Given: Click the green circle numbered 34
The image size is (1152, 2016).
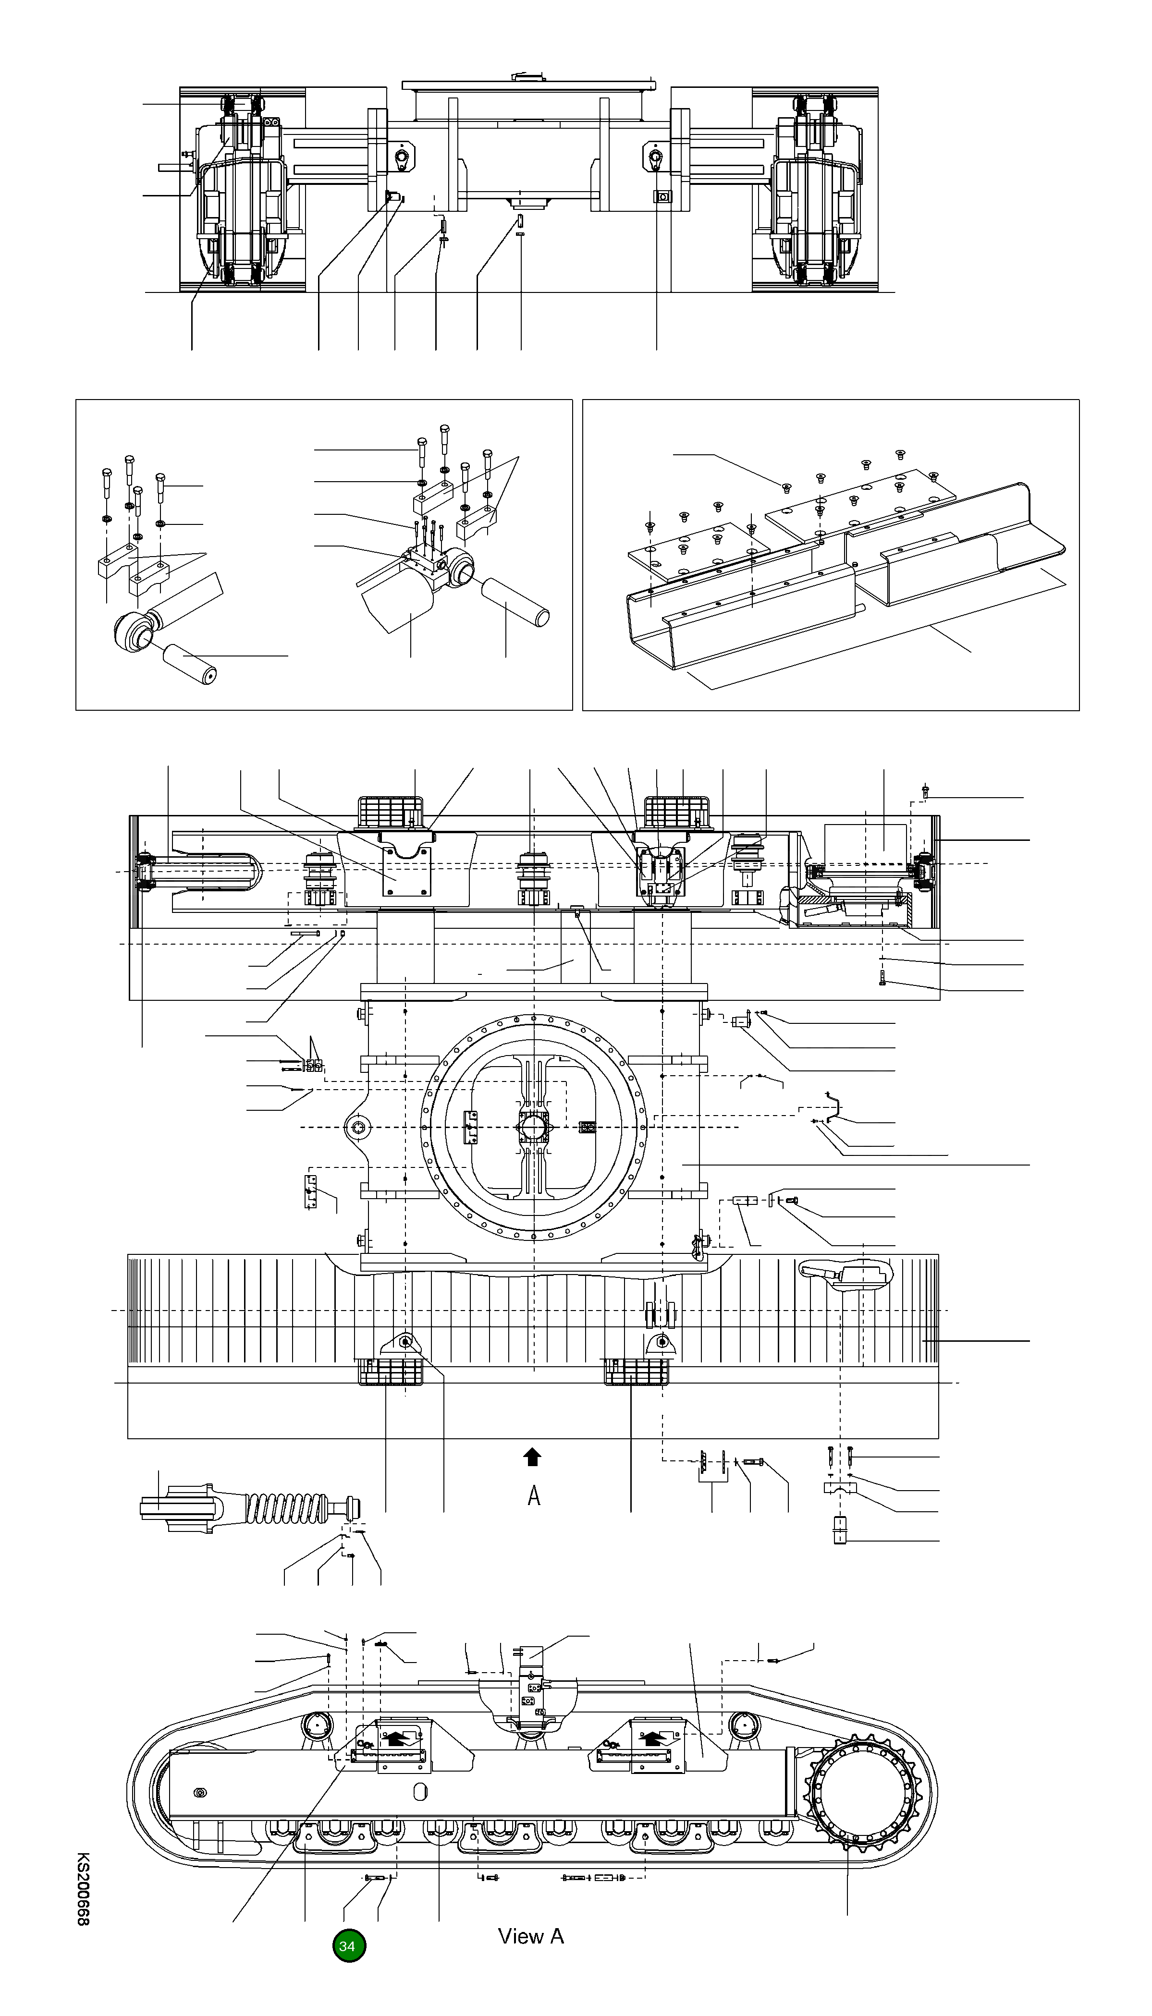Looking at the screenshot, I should (x=348, y=1945).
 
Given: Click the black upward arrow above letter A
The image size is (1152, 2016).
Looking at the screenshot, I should (x=532, y=1457).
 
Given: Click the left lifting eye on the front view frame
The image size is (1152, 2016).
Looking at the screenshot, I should (x=403, y=158).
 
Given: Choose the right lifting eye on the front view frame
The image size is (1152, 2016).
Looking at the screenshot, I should (x=655, y=158).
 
